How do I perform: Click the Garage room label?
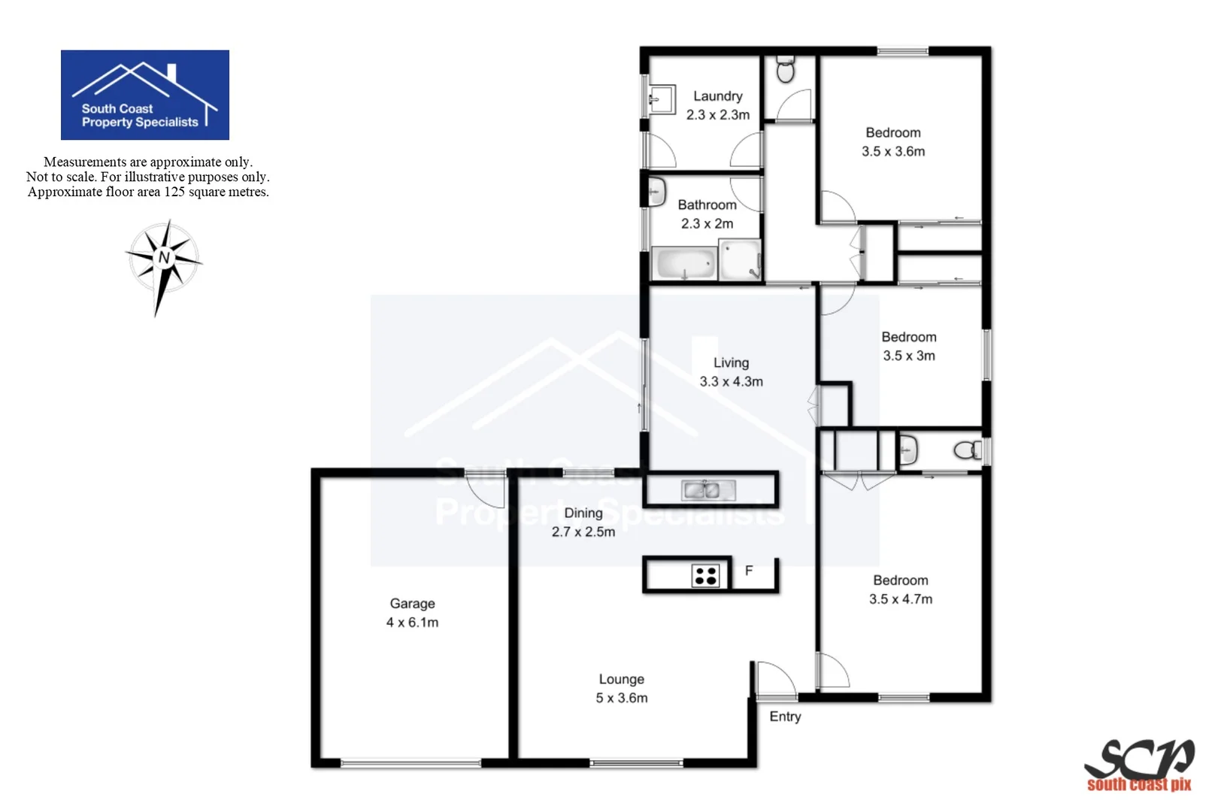click(x=412, y=604)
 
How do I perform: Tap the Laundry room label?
click(x=717, y=96)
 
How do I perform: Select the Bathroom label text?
click(x=707, y=205)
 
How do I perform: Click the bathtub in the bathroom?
click(x=684, y=263)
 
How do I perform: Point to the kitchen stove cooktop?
click(x=705, y=576)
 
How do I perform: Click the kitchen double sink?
click(x=701, y=490)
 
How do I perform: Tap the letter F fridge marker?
click(x=749, y=571)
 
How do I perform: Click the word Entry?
click(x=785, y=717)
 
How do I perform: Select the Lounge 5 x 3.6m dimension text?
click(x=622, y=698)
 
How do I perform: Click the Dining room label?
click(x=583, y=513)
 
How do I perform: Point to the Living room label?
click(x=731, y=362)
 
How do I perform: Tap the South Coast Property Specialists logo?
click(x=145, y=95)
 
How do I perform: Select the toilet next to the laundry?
click(x=785, y=70)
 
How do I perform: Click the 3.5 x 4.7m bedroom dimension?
click(x=901, y=599)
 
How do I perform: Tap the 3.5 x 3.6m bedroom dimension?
click(x=893, y=151)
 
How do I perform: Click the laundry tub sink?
click(x=661, y=98)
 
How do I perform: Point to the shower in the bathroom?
click(x=741, y=259)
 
